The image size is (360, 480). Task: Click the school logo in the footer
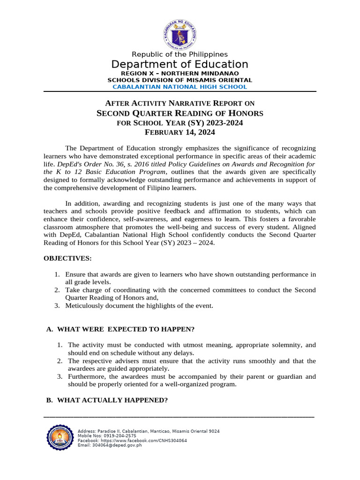60,438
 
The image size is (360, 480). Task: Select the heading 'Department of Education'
180,64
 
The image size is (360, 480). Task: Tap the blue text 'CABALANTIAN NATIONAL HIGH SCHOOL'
180,87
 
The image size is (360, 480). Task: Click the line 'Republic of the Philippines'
180,54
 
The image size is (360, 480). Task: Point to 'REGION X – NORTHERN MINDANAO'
180,74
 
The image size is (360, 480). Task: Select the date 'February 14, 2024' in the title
180,132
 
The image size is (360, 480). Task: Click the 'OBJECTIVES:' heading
67,258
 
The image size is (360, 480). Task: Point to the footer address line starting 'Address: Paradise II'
148,431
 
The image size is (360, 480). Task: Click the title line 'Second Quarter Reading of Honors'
180,113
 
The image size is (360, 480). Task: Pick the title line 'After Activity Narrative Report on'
180,103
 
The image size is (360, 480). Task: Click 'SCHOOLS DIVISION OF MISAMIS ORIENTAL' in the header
180,80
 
